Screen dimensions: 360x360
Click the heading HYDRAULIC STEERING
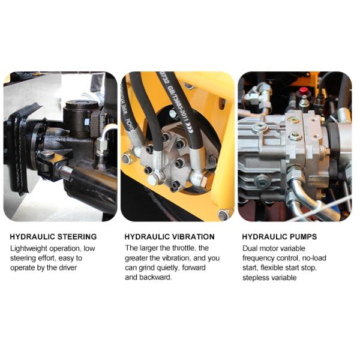53,237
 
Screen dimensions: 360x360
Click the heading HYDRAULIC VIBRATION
169,237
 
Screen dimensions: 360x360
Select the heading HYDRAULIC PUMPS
280,237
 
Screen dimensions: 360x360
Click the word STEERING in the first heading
74,237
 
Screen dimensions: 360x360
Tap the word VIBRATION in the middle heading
191,237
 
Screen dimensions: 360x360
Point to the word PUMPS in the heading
302,237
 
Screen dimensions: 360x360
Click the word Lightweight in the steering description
28,248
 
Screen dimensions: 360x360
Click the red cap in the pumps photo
304,91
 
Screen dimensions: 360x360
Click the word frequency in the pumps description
259,258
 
